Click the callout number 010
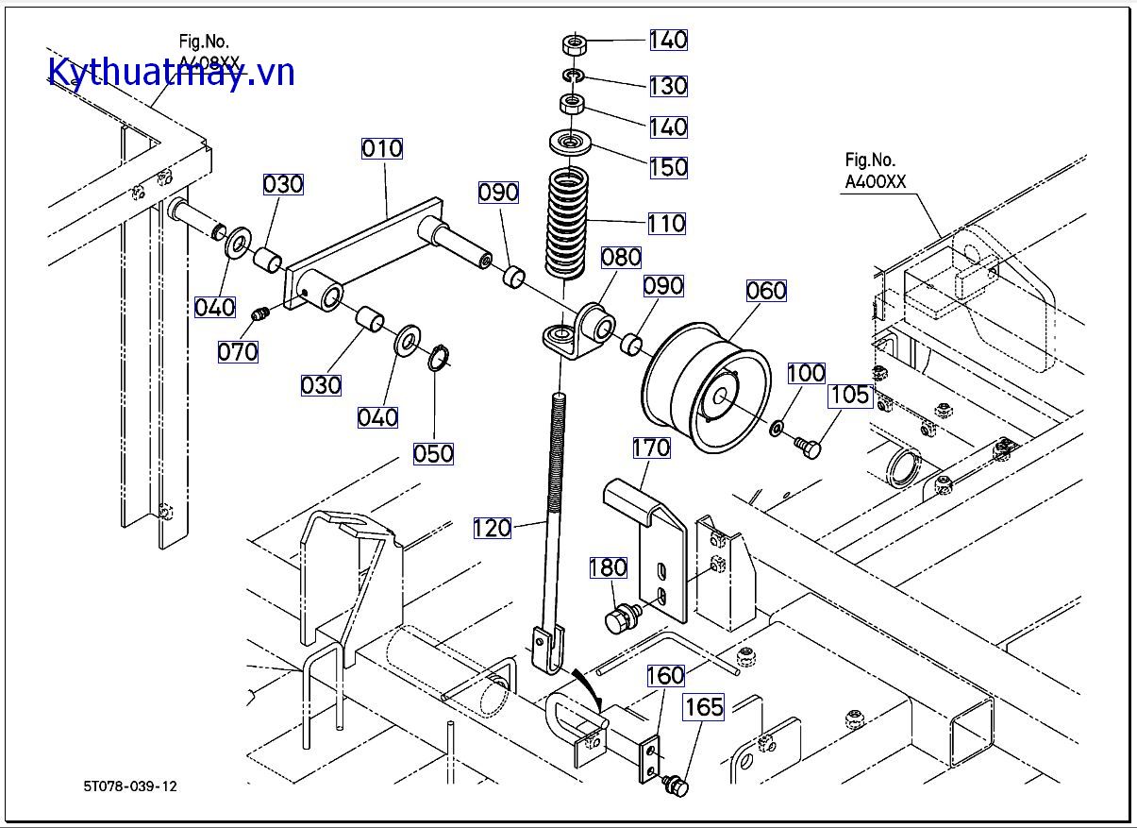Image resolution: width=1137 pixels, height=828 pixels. tap(382, 148)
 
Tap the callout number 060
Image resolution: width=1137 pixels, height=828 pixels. tap(765, 291)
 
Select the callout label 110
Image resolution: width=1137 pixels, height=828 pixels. tap(666, 224)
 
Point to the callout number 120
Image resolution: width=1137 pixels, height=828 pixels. tap(493, 528)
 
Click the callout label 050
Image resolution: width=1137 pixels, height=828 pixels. tap(433, 453)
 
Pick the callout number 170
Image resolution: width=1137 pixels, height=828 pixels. tap(651, 447)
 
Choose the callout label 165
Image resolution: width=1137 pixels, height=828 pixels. tap(704, 707)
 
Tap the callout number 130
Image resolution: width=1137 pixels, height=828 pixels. tap(668, 86)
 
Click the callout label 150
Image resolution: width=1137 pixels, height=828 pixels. tap(668, 167)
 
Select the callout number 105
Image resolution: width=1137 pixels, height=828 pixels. tap(850, 395)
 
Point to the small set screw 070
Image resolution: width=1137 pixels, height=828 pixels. tap(262, 313)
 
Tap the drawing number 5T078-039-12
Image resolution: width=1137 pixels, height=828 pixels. tap(129, 786)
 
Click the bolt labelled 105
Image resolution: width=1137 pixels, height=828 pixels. tap(805, 446)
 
